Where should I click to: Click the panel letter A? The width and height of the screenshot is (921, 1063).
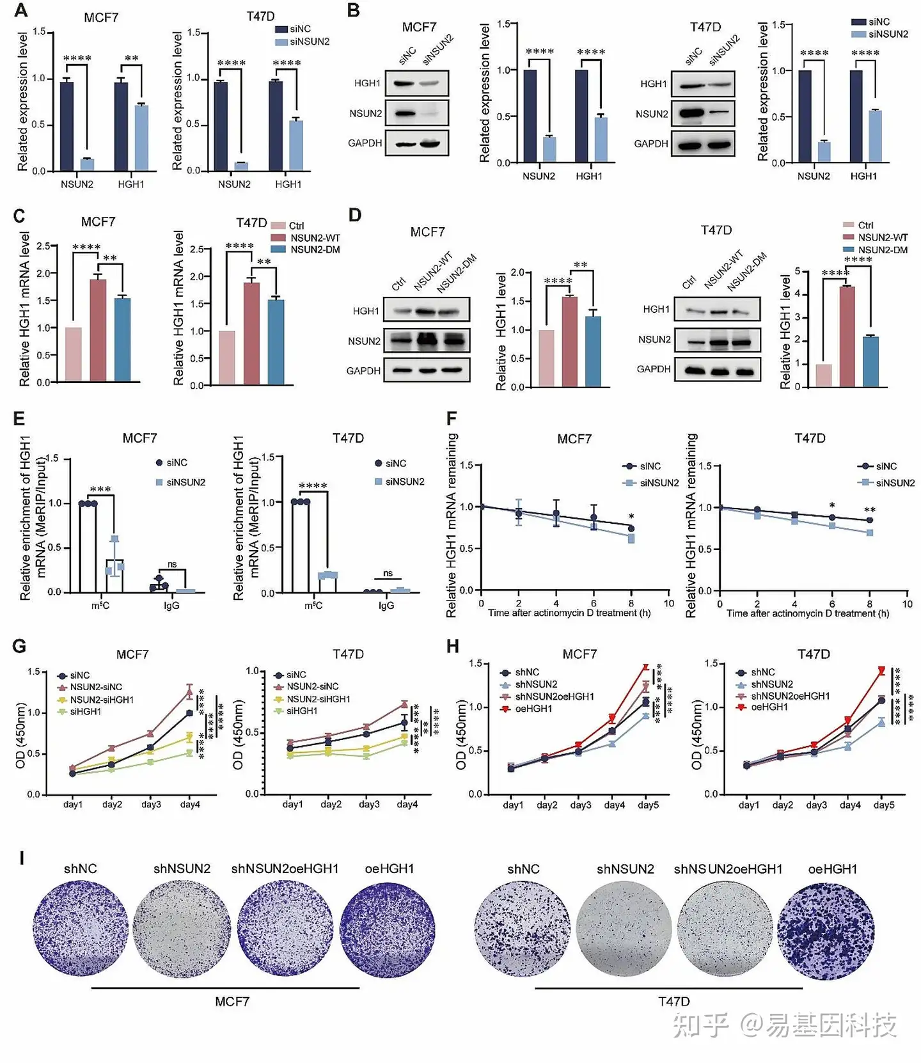click(x=21, y=11)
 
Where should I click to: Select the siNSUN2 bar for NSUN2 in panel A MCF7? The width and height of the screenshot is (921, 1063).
click(x=87, y=164)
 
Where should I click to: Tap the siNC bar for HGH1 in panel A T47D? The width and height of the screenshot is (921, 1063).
click(x=276, y=126)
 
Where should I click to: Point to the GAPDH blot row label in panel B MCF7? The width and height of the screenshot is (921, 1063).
click(x=365, y=143)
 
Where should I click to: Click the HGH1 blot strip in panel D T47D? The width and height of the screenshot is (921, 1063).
click(x=718, y=310)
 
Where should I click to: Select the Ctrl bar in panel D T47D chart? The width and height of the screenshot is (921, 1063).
click(x=824, y=375)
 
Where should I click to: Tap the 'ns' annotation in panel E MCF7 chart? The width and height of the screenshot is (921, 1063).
click(x=172, y=564)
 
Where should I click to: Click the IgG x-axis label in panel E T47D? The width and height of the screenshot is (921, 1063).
click(x=386, y=605)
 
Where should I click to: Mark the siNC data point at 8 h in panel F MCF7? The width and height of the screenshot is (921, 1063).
click(x=631, y=528)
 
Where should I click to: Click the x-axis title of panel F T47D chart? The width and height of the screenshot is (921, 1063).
click(x=807, y=613)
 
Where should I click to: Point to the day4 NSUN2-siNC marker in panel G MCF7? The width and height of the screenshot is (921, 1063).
click(x=189, y=691)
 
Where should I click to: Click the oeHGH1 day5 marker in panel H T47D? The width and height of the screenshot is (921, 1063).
click(x=882, y=670)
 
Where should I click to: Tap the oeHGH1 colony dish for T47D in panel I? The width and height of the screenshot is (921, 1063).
click(x=826, y=931)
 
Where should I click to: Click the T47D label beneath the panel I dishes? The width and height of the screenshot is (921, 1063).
click(x=674, y=1001)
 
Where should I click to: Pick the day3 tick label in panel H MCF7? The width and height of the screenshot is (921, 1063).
click(x=581, y=805)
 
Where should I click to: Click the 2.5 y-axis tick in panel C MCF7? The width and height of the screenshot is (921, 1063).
click(x=43, y=246)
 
